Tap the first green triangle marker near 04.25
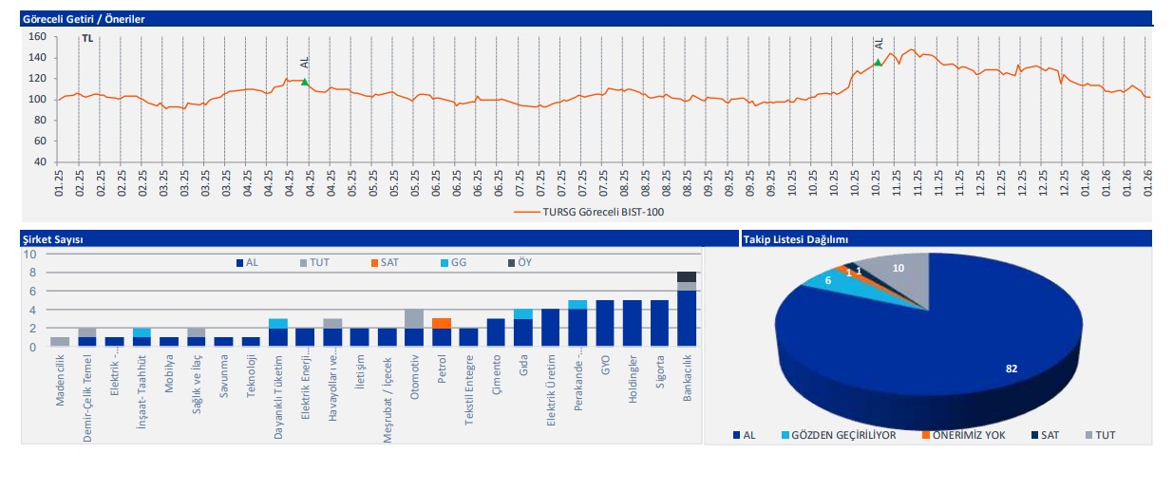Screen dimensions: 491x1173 305,83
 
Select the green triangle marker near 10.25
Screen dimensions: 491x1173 879,63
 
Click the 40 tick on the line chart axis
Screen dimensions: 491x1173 40,161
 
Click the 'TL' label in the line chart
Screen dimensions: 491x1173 87,39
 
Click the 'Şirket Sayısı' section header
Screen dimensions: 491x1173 52,239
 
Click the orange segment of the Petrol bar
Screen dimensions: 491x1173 443,324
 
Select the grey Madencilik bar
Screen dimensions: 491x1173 60,342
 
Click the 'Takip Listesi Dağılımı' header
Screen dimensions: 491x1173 795,239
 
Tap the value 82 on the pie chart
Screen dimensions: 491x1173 1012,368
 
